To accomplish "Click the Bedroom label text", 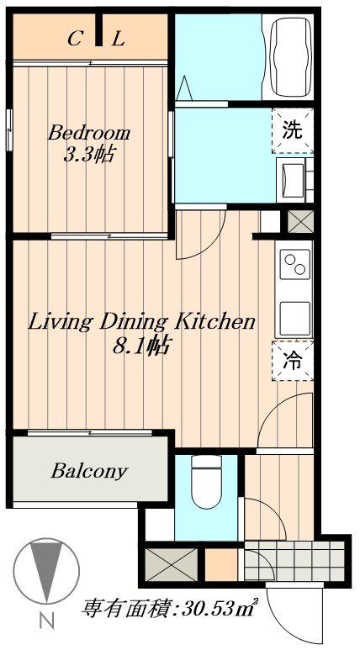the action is (89, 134).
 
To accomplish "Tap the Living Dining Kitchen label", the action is (141, 322).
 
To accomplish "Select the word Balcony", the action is (89, 472).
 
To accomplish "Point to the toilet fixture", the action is (207, 481).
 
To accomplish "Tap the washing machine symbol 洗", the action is (293, 130).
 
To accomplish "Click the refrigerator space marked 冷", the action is (293, 361).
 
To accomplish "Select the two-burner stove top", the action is (295, 264).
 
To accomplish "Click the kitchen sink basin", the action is (295, 319).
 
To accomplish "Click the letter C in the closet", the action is (74, 40).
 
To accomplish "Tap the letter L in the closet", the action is (118, 40).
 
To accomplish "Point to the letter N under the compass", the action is (47, 621).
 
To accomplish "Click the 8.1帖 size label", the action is (141, 346).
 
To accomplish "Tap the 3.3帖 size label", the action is (89, 155).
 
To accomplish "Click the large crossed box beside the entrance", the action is (172, 564).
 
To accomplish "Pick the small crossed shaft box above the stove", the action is (300, 222).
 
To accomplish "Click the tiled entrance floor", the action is (294, 561).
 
